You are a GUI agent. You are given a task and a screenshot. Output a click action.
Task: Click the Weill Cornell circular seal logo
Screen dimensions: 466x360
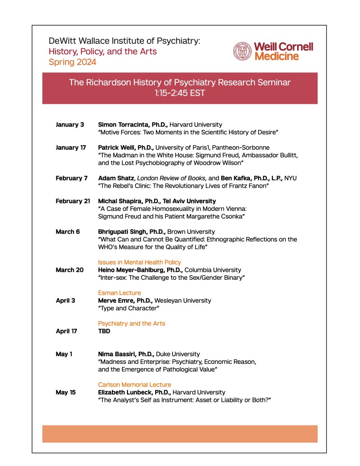(243, 51)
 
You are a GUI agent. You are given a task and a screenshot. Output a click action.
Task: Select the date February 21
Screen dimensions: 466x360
(73, 201)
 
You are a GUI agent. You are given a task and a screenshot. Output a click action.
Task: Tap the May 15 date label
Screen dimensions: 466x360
(66, 392)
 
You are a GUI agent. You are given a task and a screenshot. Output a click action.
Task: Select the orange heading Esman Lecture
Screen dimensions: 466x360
(119, 293)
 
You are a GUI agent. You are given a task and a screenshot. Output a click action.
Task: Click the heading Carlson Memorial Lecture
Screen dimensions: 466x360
(135, 385)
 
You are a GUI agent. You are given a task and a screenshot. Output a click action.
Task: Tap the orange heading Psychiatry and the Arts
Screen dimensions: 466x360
(132, 323)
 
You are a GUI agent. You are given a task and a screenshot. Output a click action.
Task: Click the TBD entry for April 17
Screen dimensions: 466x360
(104, 331)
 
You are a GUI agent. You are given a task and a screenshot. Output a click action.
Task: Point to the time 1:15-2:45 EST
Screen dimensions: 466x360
(180, 94)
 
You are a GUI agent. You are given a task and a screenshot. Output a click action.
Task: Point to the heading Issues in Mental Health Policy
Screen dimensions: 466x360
(140, 262)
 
